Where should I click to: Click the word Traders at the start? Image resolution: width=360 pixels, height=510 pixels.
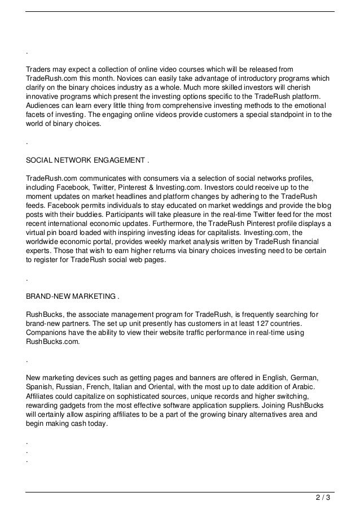(39, 69)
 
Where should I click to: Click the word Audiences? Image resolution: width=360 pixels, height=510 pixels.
(45, 106)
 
